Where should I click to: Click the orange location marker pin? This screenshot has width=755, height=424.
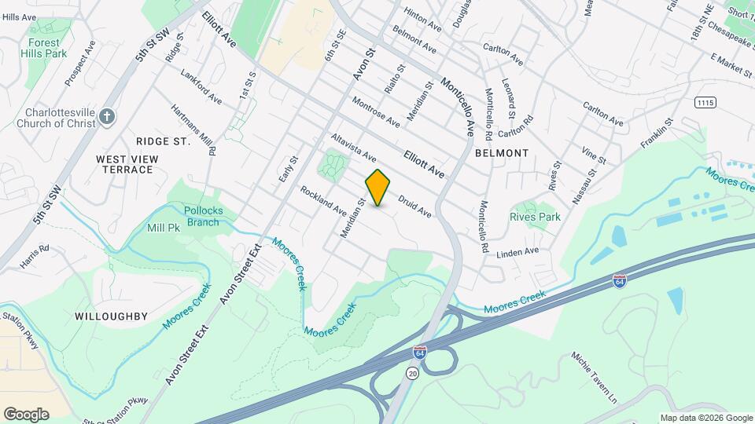pyautogui.click(x=378, y=188)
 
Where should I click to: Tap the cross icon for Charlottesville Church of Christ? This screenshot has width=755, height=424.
pyautogui.click(x=109, y=117)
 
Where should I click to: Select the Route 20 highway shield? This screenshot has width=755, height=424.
pyautogui.click(x=413, y=374)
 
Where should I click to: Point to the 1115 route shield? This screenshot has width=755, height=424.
pyautogui.click(x=706, y=103)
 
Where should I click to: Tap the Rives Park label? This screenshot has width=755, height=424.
pyautogui.click(x=535, y=217)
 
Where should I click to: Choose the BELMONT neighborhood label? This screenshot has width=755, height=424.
pyautogui.click(x=501, y=153)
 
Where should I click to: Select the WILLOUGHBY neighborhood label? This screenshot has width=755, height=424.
pyautogui.click(x=111, y=316)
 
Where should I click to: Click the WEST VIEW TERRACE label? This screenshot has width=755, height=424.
pyautogui.click(x=127, y=164)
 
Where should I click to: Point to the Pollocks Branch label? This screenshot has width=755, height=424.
pyautogui.click(x=202, y=216)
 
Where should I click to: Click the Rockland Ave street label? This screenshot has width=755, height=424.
pyautogui.click(x=322, y=200)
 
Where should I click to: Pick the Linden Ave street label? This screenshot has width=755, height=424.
pyautogui.click(x=517, y=253)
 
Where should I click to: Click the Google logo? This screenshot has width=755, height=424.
pyautogui.click(x=26, y=414)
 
